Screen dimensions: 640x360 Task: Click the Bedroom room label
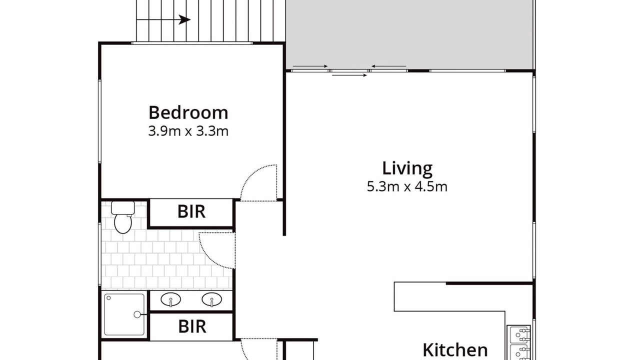(188, 112)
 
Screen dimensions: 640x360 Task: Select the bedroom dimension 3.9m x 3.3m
(188, 131)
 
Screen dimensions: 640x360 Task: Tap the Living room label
(407, 168)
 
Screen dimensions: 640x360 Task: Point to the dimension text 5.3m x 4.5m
(407, 186)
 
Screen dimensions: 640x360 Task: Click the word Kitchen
(455, 349)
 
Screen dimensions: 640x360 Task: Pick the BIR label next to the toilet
(191, 211)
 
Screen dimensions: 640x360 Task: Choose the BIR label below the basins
(192, 326)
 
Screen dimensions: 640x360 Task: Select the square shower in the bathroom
(124, 314)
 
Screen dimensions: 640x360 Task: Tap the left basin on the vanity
(170, 299)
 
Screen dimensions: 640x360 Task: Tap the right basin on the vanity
(211, 299)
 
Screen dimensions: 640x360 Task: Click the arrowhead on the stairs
(184, 19)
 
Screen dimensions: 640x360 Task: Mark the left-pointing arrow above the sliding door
(388, 66)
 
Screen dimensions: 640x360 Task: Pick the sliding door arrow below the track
(349, 75)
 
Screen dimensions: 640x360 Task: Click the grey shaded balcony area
(409, 34)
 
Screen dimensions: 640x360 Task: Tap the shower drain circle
(137, 314)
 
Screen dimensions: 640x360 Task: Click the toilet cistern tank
(123, 207)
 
